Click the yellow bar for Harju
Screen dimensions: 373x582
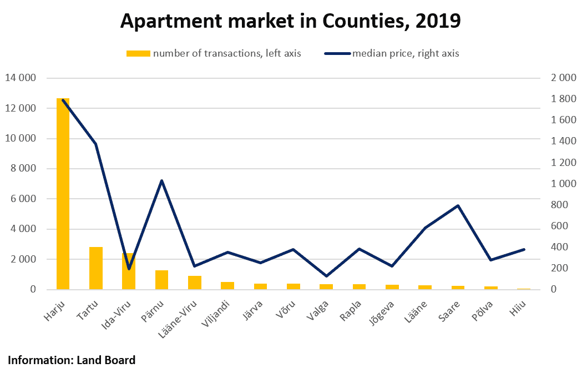coord(63,194)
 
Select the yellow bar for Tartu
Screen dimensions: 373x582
coord(96,268)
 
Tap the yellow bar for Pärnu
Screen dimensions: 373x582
coord(161,280)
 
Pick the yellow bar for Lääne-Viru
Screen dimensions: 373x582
coord(194,283)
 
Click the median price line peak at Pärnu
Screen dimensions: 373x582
coord(161,180)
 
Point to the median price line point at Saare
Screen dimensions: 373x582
coord(458,206)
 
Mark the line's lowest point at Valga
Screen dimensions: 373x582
coord(326,276)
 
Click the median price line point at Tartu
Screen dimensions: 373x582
coord(96,144)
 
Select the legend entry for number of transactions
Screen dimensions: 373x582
coord(214,53)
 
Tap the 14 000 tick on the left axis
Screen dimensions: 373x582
coord(21,78)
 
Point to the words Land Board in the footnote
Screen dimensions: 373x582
coord(105,360)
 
